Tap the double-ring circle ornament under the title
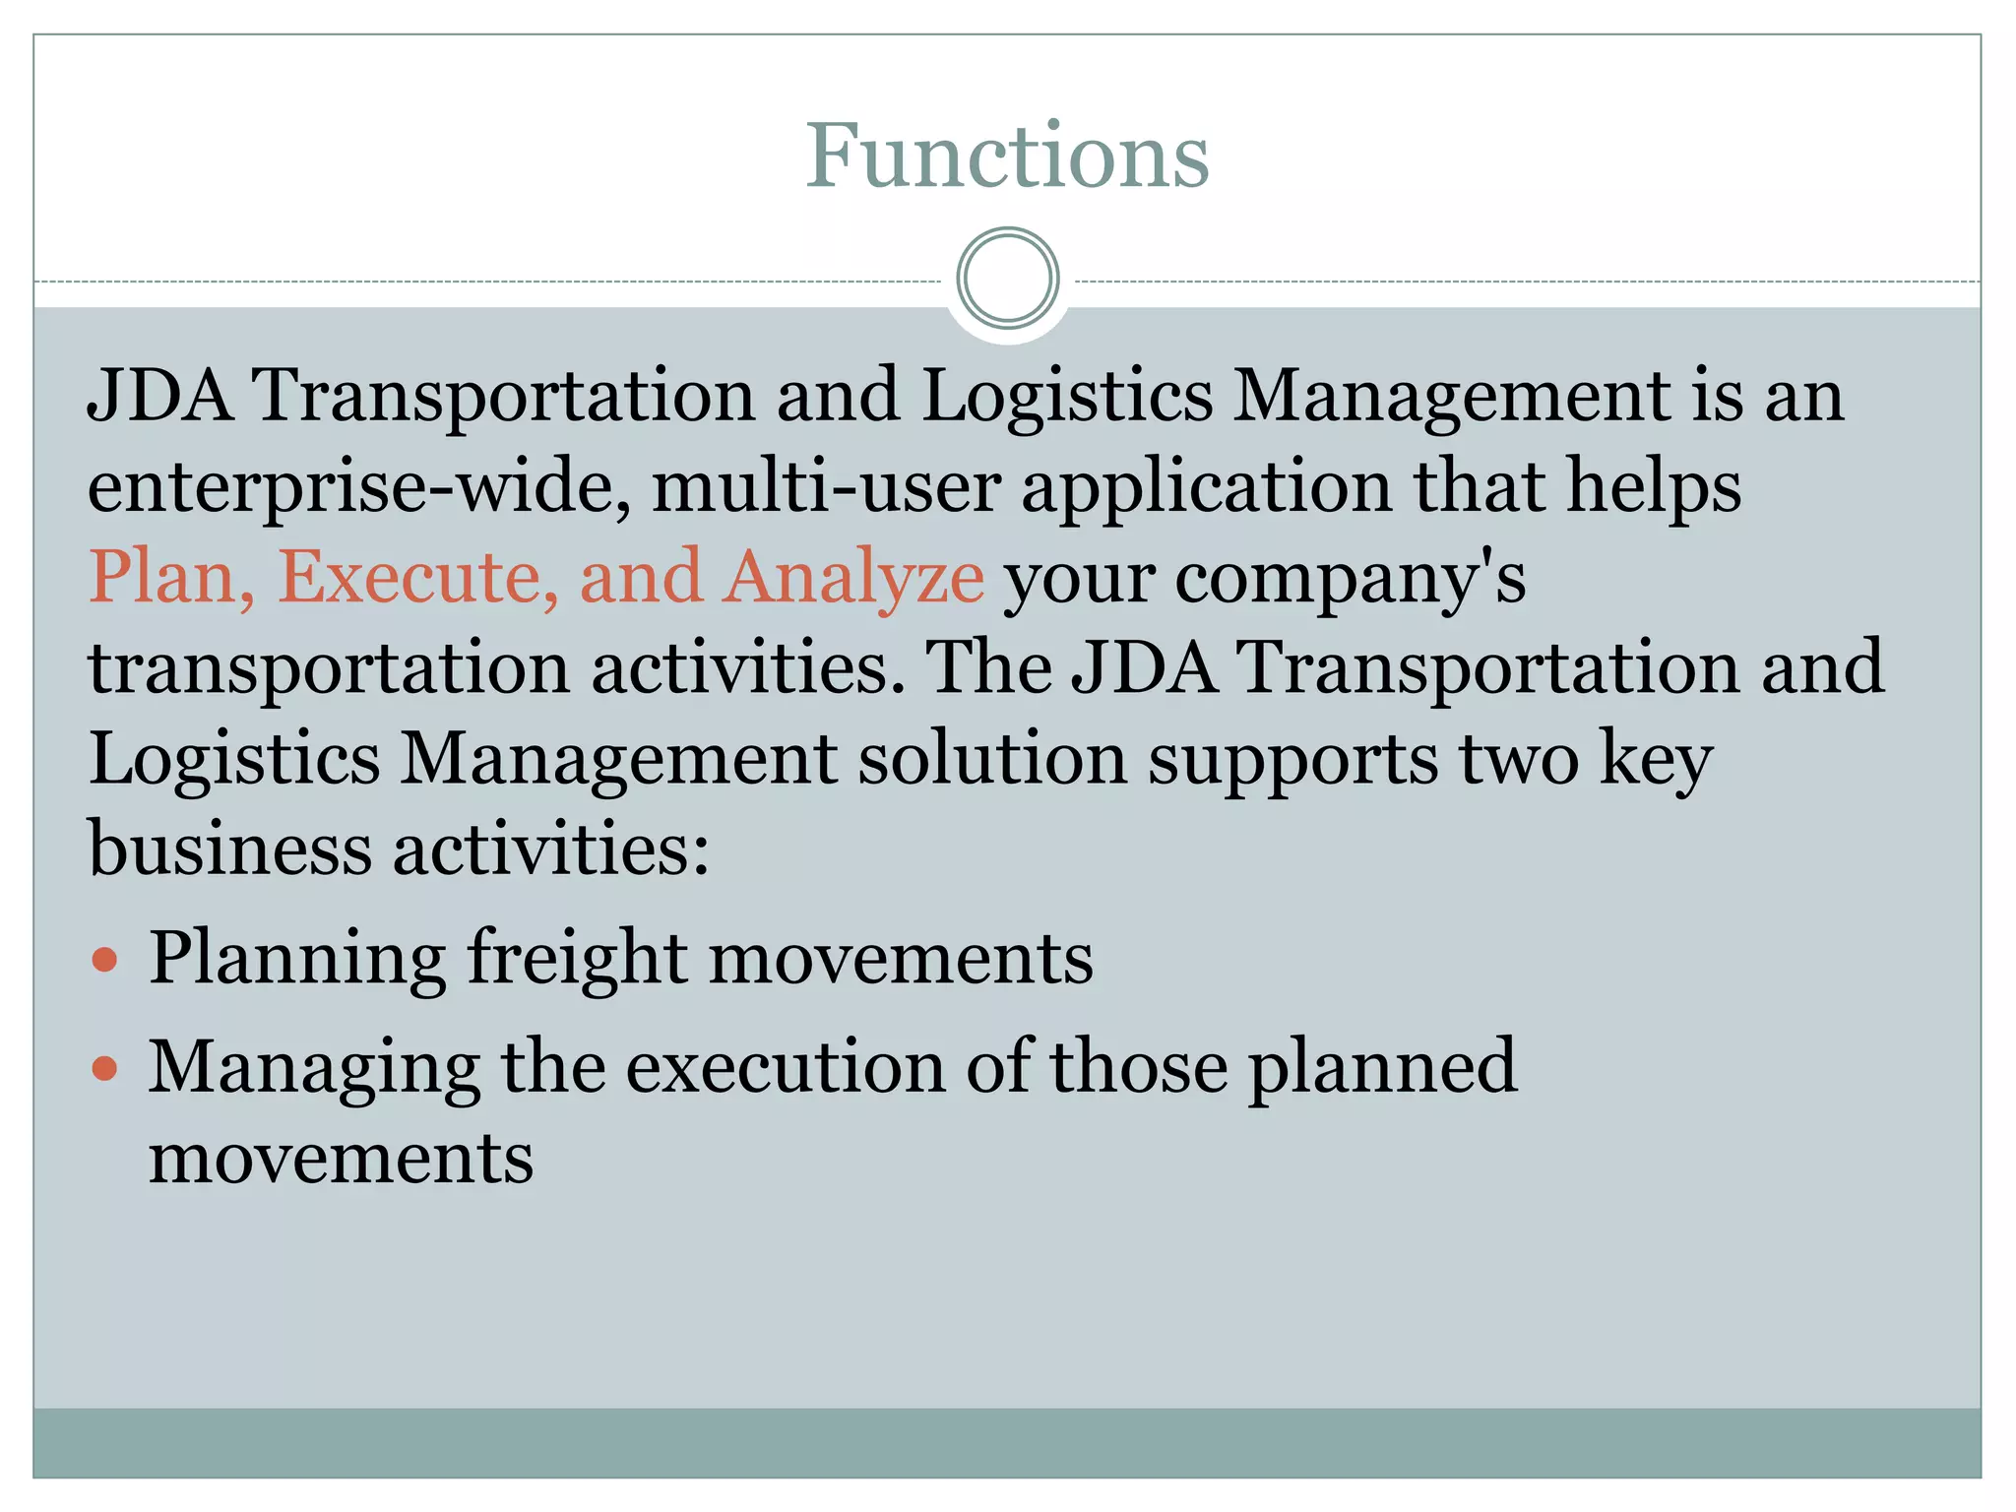pos(1007,279)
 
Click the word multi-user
pos(826,486)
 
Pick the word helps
pos(1654,486)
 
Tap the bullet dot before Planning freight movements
pos(104,959)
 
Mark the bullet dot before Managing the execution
pos(104,1068)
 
